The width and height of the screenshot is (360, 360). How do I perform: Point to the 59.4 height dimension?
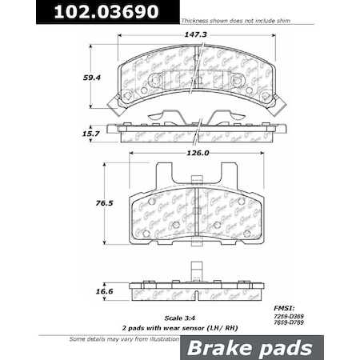pos(94,78)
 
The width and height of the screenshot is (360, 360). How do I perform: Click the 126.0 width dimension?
pos(195,153)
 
